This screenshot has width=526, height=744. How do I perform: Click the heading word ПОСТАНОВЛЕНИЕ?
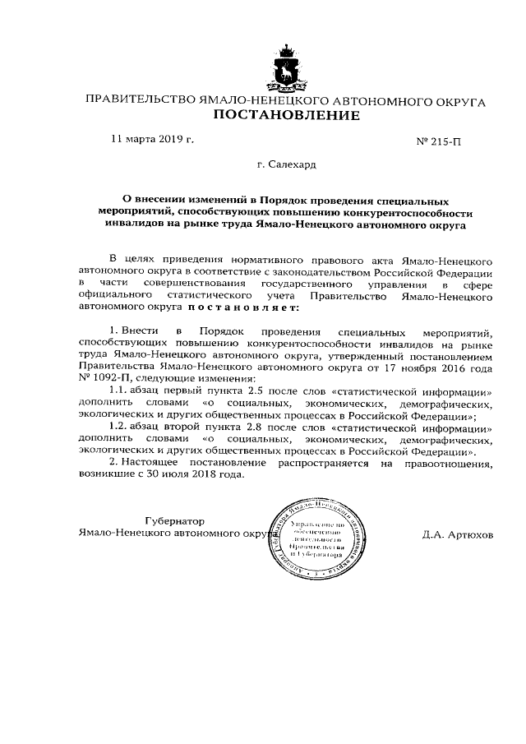point(286,115)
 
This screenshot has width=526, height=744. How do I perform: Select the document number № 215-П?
point(440,141)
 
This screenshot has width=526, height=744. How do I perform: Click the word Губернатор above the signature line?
point(173,521)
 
